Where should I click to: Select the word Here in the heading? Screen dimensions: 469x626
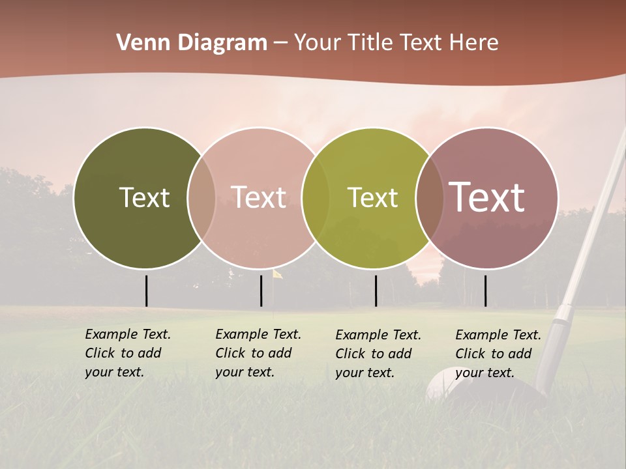tap(474, 43)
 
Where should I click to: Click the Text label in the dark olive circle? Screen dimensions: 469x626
tap(144, 197)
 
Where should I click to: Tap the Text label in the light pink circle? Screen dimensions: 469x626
tap(259, 197)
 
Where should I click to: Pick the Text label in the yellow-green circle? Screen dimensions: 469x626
tap(372, 197)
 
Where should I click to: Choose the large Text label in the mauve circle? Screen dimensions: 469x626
tap(487, 197)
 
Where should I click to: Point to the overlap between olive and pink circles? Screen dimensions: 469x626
tap(201, 197)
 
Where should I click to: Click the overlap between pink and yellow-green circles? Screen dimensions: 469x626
tap(316, 197)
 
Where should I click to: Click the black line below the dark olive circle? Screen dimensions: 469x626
tap(147, 291)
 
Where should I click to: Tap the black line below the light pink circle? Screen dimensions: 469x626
tap(261, 291)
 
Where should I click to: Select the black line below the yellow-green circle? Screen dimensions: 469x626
tap(376, 291)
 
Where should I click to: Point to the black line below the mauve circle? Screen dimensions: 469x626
tap(485, 291)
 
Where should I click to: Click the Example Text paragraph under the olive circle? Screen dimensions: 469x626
tap(128, 353)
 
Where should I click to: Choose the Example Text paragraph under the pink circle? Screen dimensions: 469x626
tap(258, 353)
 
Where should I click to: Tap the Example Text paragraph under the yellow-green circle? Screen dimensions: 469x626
tap(378, 354)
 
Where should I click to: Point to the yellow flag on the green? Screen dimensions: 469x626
tap(277, 274)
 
